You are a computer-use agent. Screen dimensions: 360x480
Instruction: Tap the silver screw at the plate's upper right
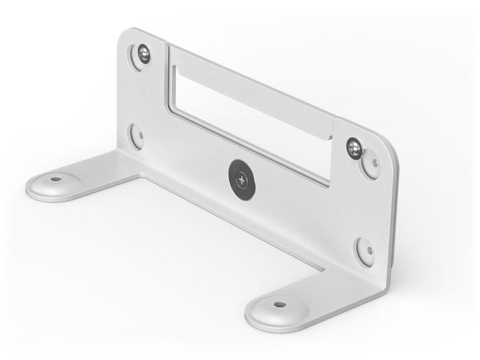point(355,146)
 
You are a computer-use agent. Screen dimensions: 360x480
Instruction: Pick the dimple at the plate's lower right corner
point(363,250)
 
